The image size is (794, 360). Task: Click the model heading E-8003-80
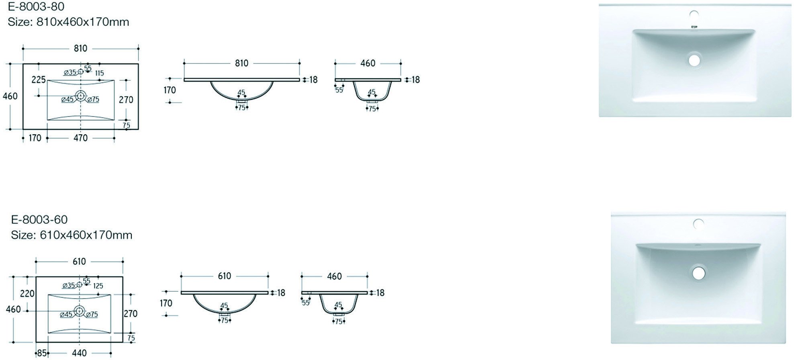[36, 6]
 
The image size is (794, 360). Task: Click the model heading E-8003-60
[39, 220]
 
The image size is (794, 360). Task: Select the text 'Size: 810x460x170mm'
[68, 22]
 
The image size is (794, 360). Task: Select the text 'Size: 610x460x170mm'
[72, 235]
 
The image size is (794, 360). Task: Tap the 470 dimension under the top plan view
[80, 138]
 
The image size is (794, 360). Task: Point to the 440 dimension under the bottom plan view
[79, 353]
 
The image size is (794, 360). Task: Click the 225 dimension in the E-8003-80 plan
[39, 80]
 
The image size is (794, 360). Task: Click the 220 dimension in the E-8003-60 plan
[27, 294]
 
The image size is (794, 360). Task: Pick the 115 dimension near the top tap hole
[100, 73]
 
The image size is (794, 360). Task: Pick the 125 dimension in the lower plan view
[98, 286]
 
